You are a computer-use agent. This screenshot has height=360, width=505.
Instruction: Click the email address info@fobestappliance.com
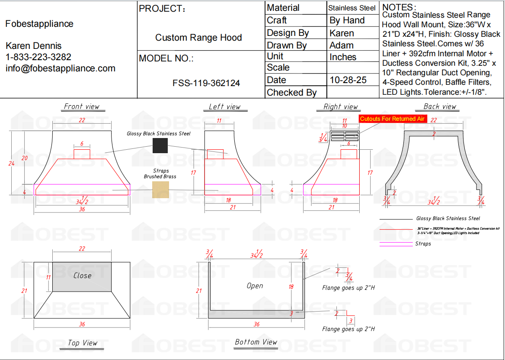pyautogui.click(x=61, y=68)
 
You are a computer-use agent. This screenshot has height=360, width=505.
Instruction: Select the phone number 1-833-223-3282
pyautogui.click(x=38, y=57)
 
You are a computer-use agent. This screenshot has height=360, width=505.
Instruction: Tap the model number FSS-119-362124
pyautogui.click(x=206, y=83)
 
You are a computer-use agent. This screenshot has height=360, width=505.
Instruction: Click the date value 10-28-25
pyautogui.click(x=348, y=80)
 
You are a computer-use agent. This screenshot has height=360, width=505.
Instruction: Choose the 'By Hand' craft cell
pyautogui.click(x=347, y=20)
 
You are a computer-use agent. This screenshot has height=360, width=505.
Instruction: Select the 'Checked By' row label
pyautogui.click(x=291, y=92)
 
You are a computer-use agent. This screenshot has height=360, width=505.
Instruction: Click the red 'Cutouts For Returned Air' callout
pyautogui.click(x=393, y=119)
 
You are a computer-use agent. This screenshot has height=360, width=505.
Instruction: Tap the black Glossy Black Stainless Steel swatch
pyautogui.click(x=160, y=145)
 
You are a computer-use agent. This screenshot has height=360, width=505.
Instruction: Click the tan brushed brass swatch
pyautogui.click(x=160, y=190)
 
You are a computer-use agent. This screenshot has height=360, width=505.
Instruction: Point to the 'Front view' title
pyautogui.click(x=81, y=106)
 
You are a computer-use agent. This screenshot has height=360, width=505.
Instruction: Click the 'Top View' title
pyautogui.click(x=83, y=343)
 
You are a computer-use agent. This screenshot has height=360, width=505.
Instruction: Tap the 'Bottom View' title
pyautogui.click(x=256, y=342)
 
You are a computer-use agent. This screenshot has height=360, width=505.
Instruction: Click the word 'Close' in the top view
pyautogui.click(x=82, y=275)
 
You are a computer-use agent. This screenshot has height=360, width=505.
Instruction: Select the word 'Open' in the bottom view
pyautogui.click(x=255, y=286)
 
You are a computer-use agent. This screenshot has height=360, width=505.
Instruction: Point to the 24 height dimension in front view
pyautogui.click(x=12, y=163)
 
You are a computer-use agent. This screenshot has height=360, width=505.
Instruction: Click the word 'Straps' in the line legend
pyautogui.click(x=423, y=244)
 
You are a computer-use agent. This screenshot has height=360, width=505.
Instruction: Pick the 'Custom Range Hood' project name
pyautogui.click(x=198, y=38)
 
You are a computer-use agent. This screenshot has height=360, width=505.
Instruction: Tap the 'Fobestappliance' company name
pyautogui.click(x=39, y=24)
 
